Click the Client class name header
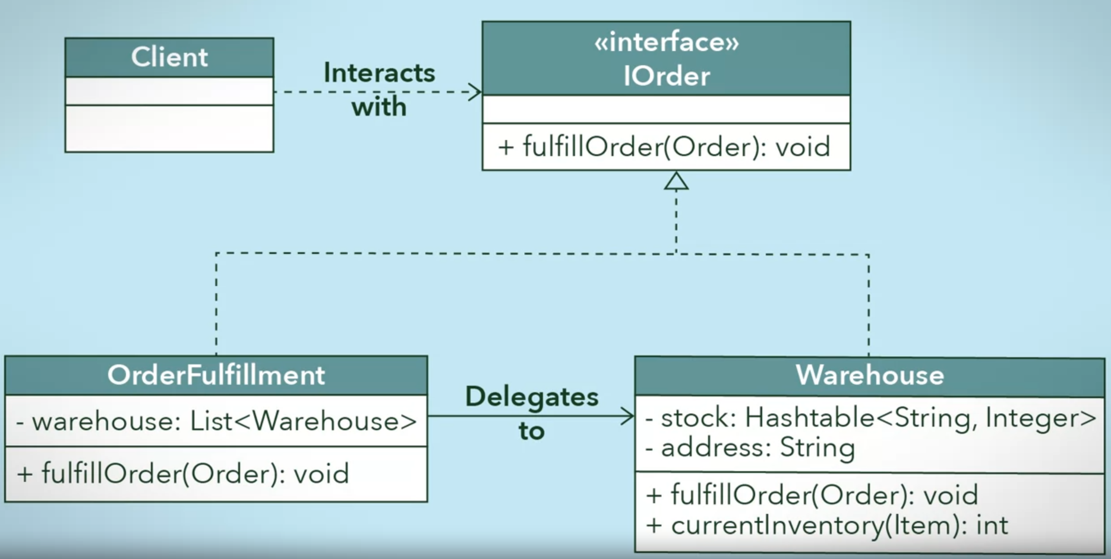pyautogui.click(x=169, y=58)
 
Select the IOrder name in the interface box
pyautogui.click(x=666, y=77)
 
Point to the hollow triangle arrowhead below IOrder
pyautogui.click(x=676, y=181)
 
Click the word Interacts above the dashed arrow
pyautogui.click(x=379, y=73)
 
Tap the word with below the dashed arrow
pyautogui.click(x=379, y=107)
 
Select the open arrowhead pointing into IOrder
pyautogui.click(x=475, y=92)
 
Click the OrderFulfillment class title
pyautogui.click(x=216, y=375)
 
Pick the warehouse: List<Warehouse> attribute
pyautogui.click(x=216, y=421)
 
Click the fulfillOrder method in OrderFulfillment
pyautogui.click(x=183, y=474)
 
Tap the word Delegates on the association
pyautogui.click(x=531, y=397)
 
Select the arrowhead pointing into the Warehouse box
pyautogui.click(x=627, y=416)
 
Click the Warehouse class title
pyautogui.click(x=869, y=376)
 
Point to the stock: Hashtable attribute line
pyautogui.click(x=870, y=418)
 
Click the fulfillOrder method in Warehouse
pyautogui.click(x=812, y=496)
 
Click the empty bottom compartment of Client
pyautogui.click(x=169, y=128)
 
